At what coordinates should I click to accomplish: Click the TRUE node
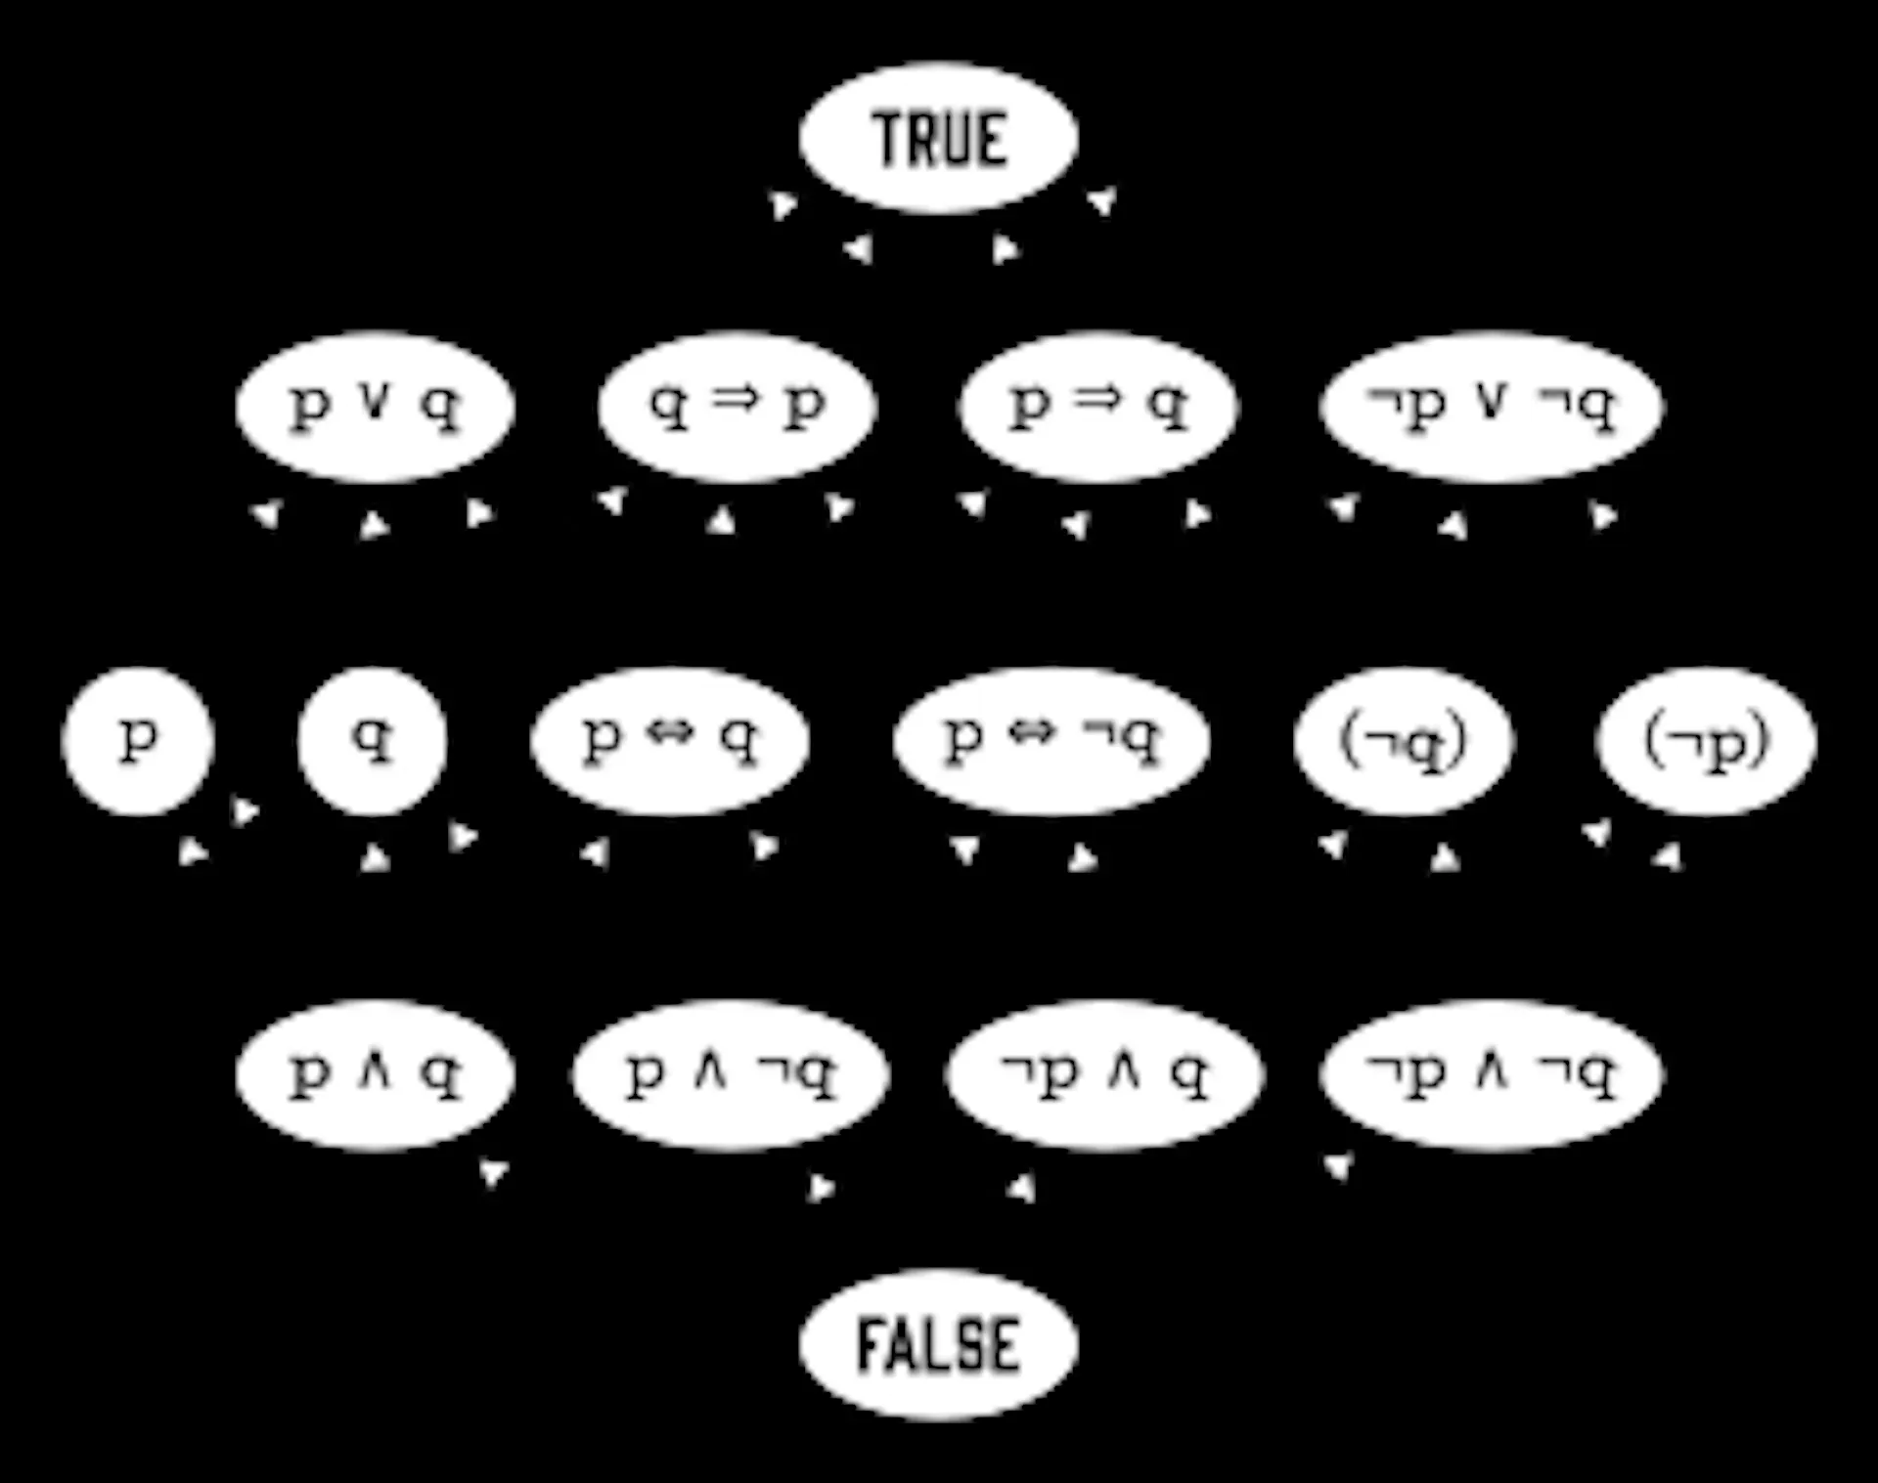coord(938,138)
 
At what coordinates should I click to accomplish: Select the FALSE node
coord(938,1344)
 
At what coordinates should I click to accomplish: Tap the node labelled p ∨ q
coord(375,407)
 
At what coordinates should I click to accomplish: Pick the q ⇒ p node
coord(738,407)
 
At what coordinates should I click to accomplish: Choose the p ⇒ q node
coord(1098,407)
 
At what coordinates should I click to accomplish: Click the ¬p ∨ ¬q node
coord(1490,407)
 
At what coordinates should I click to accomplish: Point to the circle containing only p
coord(137,741)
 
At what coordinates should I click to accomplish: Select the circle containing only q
coord(373,741)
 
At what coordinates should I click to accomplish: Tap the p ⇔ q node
coord(670,741)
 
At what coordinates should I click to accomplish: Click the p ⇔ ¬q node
coord(1051,741)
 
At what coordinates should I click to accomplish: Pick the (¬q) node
coord(1404,741)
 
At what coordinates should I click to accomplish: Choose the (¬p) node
coord(1707,741)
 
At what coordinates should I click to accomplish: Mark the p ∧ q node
coord(375,1074)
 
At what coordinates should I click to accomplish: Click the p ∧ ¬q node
coord(731,1074)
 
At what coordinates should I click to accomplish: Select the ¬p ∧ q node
coord(1105,1074)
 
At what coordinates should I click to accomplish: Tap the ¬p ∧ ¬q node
coord(1490,1074)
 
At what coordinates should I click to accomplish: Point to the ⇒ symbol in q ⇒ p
coord(736,399)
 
